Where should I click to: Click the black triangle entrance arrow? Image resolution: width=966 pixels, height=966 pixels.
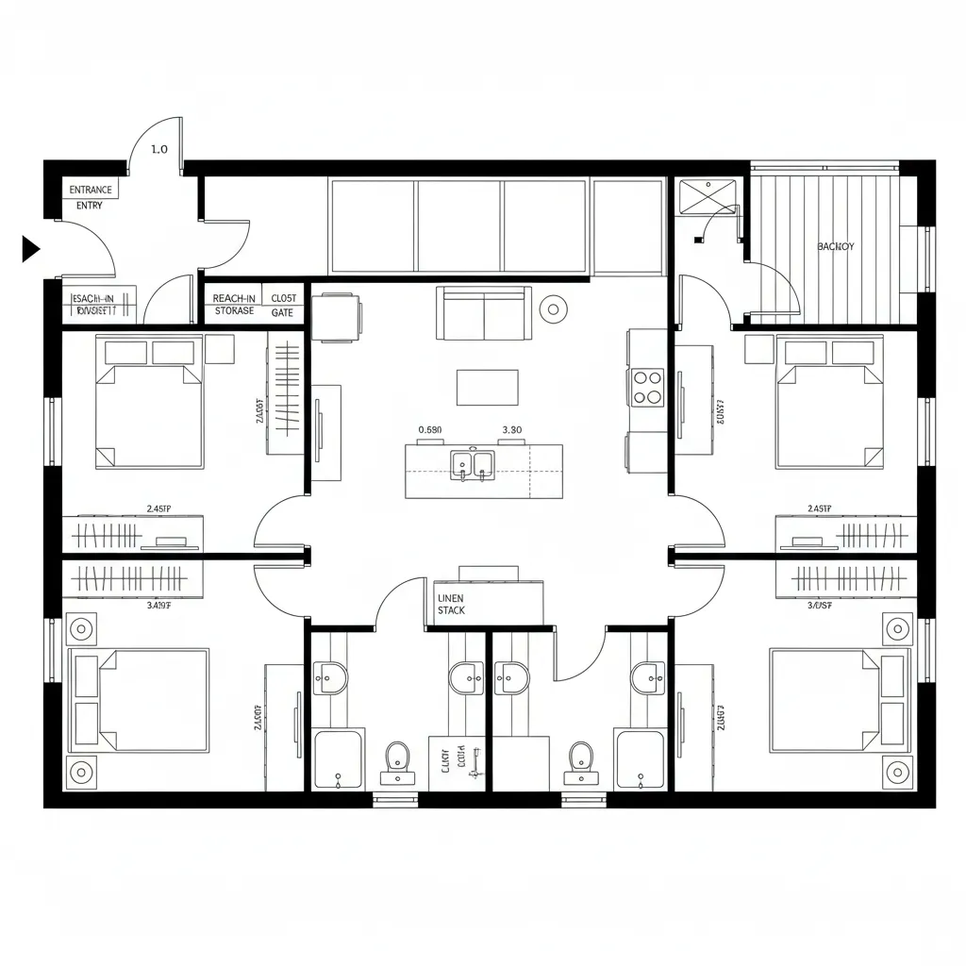(x=31, y=249)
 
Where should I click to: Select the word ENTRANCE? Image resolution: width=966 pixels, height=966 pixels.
(x=91, y=190)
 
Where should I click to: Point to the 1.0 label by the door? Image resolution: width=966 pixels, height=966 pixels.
(x=159, y=149)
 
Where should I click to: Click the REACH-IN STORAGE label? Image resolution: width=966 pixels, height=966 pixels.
(x=233, y=304)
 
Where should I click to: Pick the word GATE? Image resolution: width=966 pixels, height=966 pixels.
(x=282, y=311)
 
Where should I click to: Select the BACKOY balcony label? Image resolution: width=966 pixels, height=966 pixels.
(x=835, y=246)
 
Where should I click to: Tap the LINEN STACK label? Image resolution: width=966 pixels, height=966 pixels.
(x=451, y=604)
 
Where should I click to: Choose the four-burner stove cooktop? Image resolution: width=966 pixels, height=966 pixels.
(x=648, y=387)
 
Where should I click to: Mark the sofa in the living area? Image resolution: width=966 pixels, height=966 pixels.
(x=483, y=312)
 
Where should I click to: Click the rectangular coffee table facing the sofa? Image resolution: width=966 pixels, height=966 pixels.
(x=487, y=387)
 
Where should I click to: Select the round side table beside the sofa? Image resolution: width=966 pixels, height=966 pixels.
(x=552, y=308)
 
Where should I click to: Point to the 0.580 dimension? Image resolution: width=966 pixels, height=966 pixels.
(x=429, y=430)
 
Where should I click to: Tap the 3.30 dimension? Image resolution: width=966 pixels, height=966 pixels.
(x=511, y=430)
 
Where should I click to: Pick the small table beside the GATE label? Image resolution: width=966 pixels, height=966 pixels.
(x=336, y=317)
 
